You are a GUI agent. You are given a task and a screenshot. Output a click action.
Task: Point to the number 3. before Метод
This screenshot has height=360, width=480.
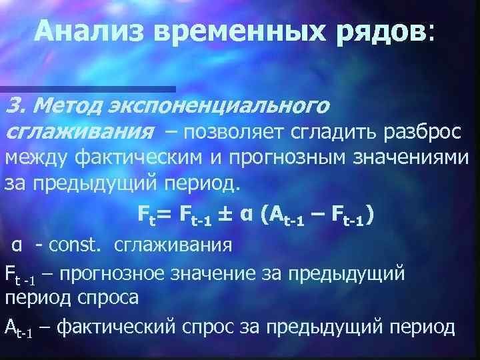15,105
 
